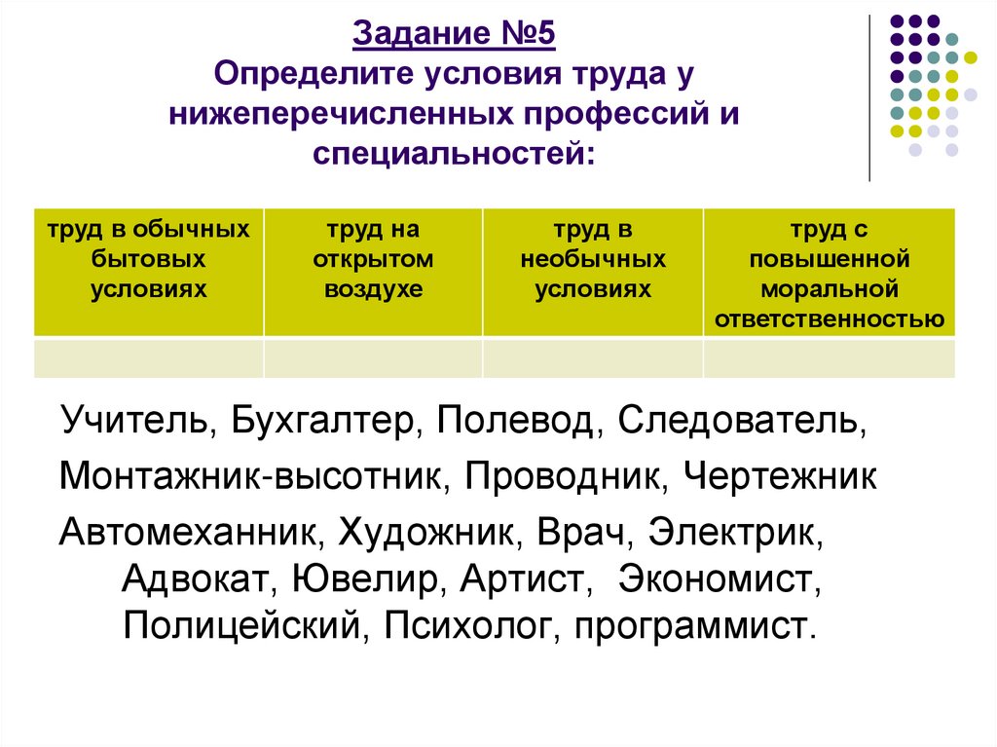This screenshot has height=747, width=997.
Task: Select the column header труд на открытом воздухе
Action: click(x=374, y=260)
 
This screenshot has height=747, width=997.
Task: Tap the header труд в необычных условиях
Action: click(x=593, y=260)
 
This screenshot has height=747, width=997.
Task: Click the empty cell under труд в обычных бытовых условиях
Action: click(x=149, y=357)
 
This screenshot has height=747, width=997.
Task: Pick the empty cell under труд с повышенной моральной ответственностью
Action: click(x=829, y=357)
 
